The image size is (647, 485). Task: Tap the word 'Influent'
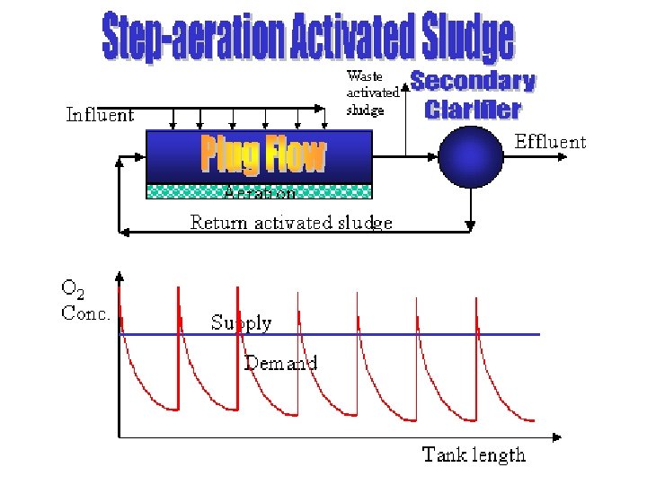coord(100,115)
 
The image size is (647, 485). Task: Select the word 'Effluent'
coord(549,141)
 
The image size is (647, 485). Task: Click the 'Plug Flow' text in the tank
coord(262,156)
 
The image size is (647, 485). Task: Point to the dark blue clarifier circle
coord(471,157)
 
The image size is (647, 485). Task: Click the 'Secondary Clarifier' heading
coord(474,95)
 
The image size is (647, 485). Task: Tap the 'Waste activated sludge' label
coord(372,93)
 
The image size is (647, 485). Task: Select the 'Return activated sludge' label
coord(291,222)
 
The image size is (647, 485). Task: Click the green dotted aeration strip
coord(259,191)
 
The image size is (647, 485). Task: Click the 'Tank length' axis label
coord(474,454)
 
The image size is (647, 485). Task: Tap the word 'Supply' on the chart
coord(241,322)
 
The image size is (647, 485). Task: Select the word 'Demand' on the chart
coord(280,363)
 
